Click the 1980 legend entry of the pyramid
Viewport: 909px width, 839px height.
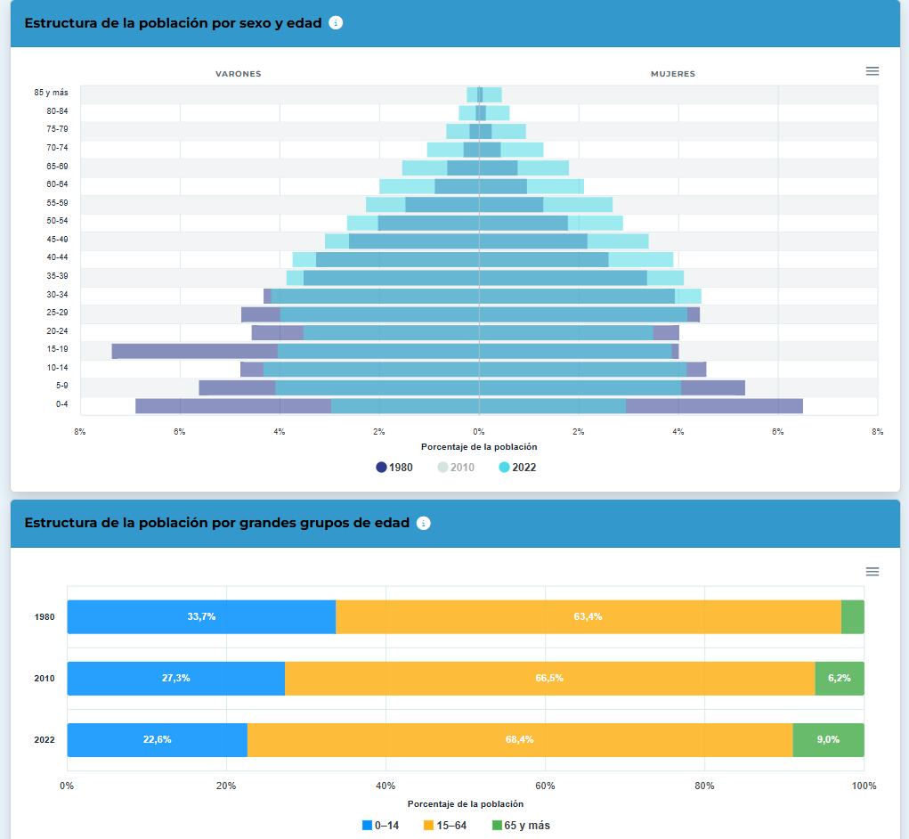394,468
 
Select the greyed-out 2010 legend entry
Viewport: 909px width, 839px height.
456,468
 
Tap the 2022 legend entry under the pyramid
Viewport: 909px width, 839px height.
517,468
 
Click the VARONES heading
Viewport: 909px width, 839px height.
239,74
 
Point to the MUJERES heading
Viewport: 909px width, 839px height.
673,74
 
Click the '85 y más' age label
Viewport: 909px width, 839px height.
51,93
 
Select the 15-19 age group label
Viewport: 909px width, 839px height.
57,349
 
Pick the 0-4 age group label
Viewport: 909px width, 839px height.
62,404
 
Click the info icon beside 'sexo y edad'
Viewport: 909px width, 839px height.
336,22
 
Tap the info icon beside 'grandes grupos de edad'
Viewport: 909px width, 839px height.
424,523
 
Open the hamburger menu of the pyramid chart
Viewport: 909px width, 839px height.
872,71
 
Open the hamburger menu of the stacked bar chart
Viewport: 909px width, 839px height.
872,572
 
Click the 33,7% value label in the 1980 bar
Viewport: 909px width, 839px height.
201,616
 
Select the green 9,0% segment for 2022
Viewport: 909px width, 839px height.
828,740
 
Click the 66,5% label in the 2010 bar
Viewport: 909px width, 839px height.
549,678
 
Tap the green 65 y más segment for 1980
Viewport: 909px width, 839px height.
853,617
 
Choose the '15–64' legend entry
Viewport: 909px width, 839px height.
445,825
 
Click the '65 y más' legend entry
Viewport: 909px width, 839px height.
521,825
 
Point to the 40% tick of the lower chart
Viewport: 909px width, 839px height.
386,786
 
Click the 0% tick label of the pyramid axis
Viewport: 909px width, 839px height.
479,432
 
